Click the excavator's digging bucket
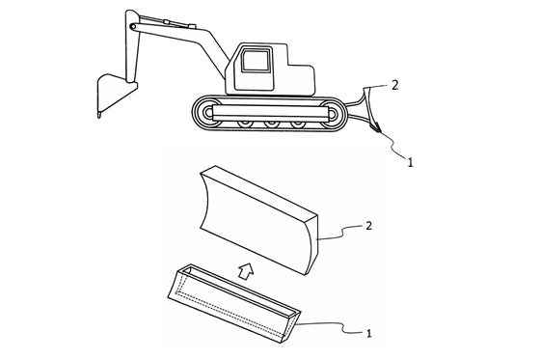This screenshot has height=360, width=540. coord(113,93)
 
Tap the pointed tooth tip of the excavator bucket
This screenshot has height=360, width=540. coord(99,116)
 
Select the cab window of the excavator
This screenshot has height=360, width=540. coord(255,61)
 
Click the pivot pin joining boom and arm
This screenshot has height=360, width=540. coord(133,26)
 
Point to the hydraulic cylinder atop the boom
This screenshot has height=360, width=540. coord(168,22)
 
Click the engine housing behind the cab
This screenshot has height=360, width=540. coord(301,79)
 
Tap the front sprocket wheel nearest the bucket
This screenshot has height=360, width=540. coord(208,113)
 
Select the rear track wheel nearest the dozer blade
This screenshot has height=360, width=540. coord(332,114)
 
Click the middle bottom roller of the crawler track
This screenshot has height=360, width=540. coord(271,123)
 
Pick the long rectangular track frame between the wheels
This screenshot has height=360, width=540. coord(270,113)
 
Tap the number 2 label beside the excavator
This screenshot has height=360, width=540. coord(395,85)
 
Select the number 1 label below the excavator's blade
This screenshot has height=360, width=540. coord(410,162)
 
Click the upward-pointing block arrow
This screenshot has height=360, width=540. coord(246,270)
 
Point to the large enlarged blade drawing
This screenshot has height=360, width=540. coord(258,220)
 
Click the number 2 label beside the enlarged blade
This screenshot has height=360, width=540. coord(368,226)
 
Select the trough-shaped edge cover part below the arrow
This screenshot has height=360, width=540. coord(233,303)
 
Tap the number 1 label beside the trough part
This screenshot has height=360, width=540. coord(368,333)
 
